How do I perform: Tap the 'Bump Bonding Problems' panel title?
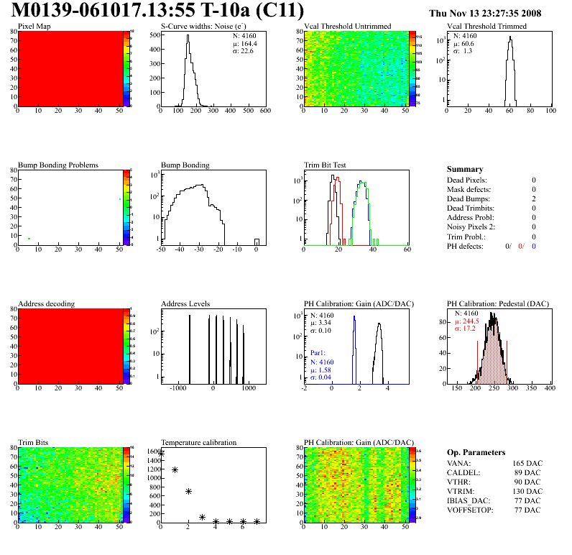(58, 165)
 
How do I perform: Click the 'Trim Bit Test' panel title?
(326, 165)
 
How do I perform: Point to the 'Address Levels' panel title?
(186, 303)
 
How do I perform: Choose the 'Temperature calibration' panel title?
(199, 442)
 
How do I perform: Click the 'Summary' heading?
(465, 169)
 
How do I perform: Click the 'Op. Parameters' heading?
(476, 452)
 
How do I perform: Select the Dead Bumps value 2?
(534, 199)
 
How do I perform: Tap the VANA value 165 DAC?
(527, 463)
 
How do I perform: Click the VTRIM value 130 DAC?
(527, 491)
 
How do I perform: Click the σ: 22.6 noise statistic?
(243, 50)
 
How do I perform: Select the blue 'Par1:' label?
(318, 353)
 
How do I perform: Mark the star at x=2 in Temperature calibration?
(188, 491)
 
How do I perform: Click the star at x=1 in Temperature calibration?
(175, 469)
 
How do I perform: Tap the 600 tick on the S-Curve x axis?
(264, 111)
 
